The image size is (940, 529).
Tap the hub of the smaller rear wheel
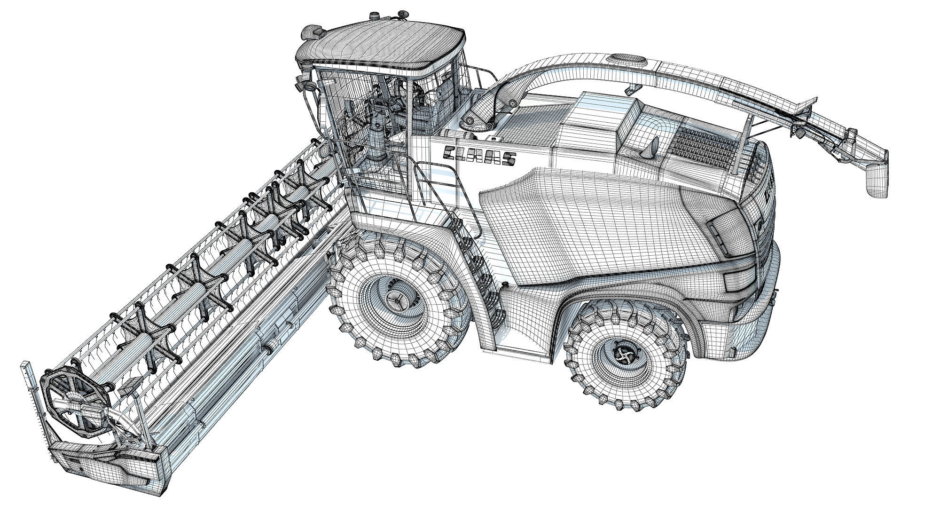tap(626, 356)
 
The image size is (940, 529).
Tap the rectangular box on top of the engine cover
tap(597, 120)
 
